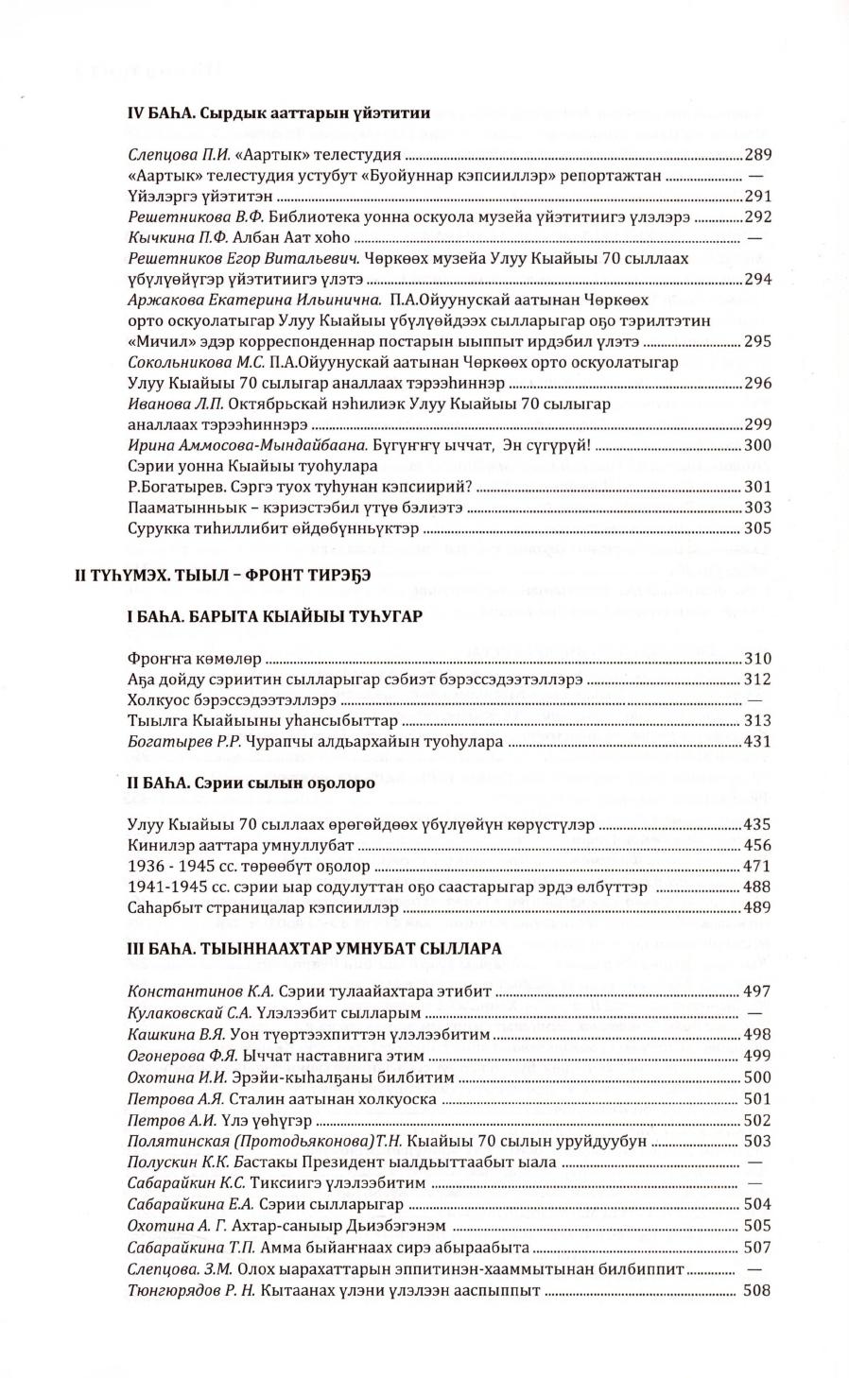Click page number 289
point(758,156)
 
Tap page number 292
point(758,217)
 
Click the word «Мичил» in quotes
point(154,341)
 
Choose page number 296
point(758,383)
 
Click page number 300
point(758,445)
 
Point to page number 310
point(758,659)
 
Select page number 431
point(758,742)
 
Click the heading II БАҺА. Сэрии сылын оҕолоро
point(251,784)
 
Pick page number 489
point(758,907)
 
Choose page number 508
point(758,1290)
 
